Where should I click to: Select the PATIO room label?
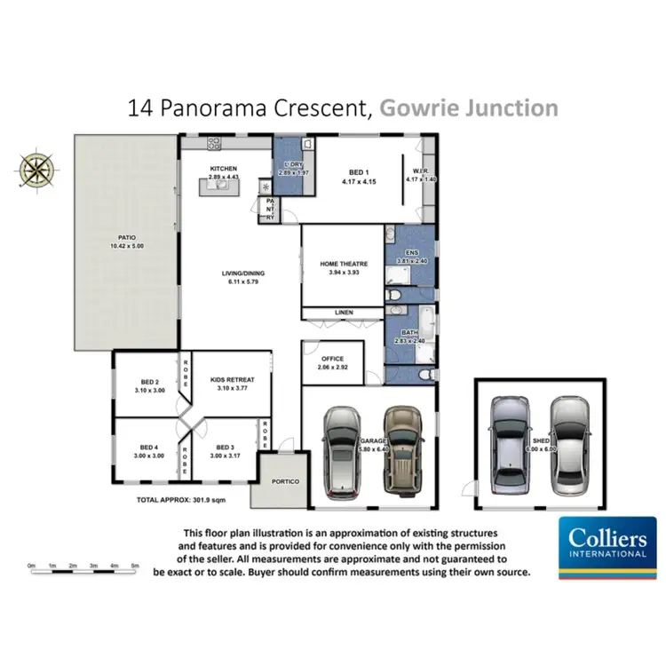[119, 238]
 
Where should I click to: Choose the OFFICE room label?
[333, 359]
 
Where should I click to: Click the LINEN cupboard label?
[344, 313]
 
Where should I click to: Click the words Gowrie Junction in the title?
[469, 108]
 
